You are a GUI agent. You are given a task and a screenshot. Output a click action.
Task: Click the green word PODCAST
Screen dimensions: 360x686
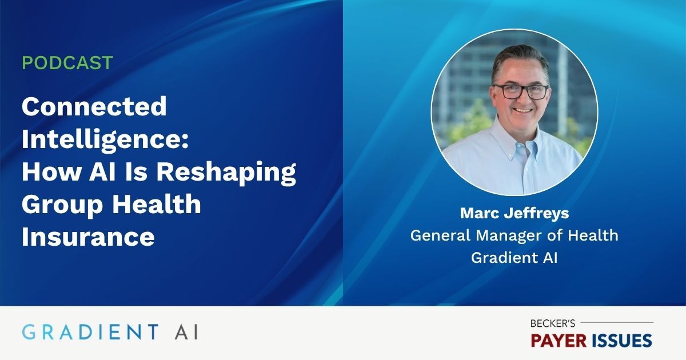[67, 63]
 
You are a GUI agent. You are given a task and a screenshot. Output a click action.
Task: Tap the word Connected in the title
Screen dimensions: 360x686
[94, 106]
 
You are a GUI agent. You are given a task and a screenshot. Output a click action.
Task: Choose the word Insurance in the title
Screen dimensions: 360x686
[88, 237]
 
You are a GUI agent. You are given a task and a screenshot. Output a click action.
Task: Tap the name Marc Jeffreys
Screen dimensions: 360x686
[514, 214]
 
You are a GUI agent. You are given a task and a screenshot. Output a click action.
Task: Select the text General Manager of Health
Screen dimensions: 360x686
[514, 235]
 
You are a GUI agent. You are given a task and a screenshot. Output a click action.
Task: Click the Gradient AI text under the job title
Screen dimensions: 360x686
[514, 258]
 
